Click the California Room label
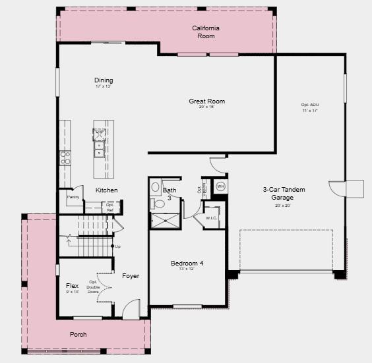pos(206,32)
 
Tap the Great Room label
pos(207,101)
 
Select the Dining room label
pos(104,81)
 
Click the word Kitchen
pos(107,190)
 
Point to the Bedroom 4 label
pos(187,264)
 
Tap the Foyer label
pos(131,276)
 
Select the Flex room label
pos(73,286)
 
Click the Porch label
pos(78,335)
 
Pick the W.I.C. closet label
pos(211,218)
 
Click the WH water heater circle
pos(220,186)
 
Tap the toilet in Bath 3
pos(158,204)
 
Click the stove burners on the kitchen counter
pos(65,157)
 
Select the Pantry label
pos(73,197)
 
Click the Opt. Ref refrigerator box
pos(110,207)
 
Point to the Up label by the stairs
pos(117,246)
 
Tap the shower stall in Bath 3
pos(166,220)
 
